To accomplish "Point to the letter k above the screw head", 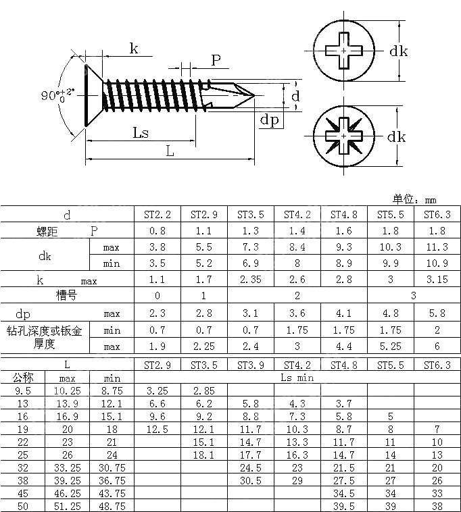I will click(x=134, y=48).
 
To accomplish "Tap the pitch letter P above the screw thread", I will click(x=216, y=60).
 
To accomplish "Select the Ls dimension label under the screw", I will click(x=141, y=132).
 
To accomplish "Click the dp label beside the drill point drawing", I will click(x=270, y=120).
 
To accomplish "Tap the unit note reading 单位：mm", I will click(x=414, y=199).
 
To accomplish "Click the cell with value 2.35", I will click(x=251, y=280).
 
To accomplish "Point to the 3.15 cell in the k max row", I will click(x=437, y=280).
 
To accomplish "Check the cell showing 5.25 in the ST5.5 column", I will click(x=390, y=347).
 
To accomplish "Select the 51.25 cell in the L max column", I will click(x=68, y=506).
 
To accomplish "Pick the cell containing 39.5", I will click(x=343, y=506).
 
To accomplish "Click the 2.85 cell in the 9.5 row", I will click(x=204, y=391).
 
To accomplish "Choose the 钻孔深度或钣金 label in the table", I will click(x=45, y=331).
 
